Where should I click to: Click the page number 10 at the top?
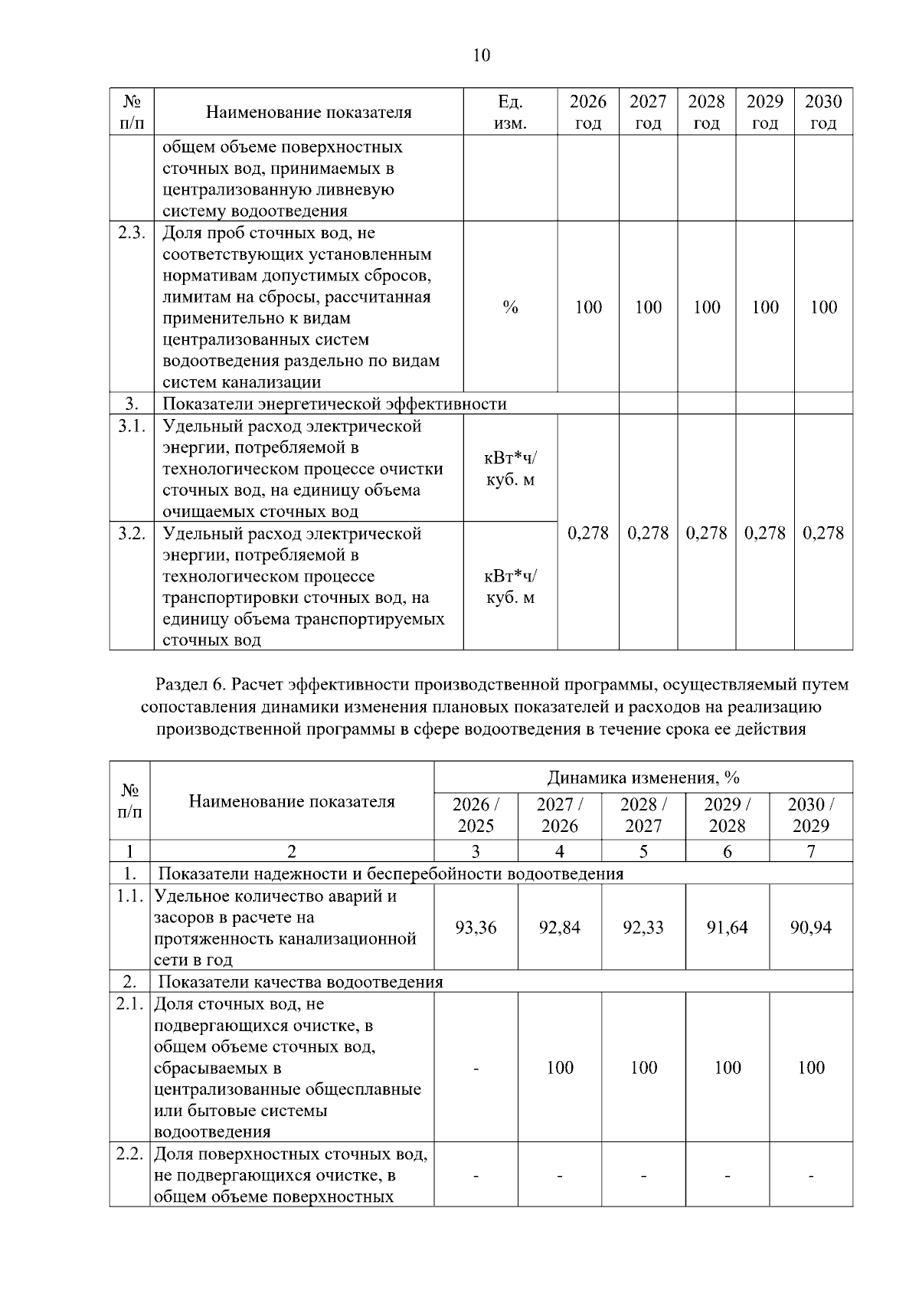click(482, 55)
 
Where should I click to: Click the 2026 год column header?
click(587, 112)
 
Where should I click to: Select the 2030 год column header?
click(823, 112)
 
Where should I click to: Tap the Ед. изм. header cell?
click(510, 112)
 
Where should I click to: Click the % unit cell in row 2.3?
click(510, 307)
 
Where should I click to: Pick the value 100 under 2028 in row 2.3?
click(706, 307)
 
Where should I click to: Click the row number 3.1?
click(132, 427)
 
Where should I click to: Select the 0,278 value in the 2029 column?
click(764, 533)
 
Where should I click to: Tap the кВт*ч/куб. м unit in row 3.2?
click(510, 586)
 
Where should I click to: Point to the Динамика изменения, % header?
click(643, 778)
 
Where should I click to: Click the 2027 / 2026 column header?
click(559, 815)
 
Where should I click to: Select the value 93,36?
click(475, 928)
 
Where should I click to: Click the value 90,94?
click(810, 928)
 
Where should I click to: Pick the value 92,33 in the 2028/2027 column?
click(643, 928)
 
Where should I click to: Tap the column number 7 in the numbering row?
click(810, 851)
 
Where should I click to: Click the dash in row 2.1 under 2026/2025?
click(475, 1068)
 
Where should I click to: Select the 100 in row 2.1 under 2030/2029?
click(810, 1068)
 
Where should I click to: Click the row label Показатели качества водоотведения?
click(300, 982)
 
